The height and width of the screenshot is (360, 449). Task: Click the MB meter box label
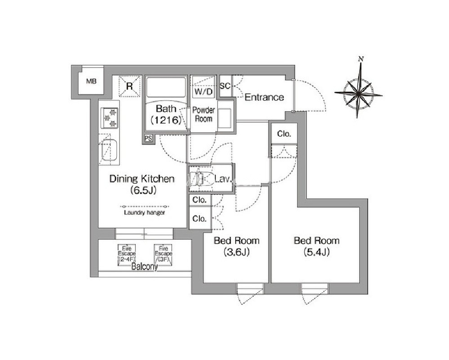(x=91, y=81)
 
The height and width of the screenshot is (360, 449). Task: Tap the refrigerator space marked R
(x=129, y=86)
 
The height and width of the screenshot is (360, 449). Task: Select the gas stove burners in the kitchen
(x=110, y=118)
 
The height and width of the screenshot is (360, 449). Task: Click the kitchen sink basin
(x=109, y=150)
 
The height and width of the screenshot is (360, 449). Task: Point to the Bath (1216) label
(x=166, y=114)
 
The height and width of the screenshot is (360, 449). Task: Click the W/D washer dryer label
(x=204, y=92)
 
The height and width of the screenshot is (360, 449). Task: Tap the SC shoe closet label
(x=225, y=86)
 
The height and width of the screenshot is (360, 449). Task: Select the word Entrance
(x=264, y=98)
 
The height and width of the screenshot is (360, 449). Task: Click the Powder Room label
(x=204, y=114)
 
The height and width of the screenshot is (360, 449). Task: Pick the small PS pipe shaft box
(x=148, y=138)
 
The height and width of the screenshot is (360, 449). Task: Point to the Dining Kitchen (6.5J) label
(x=142, y=184)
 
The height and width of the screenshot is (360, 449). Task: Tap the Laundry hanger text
(x=145, y=213)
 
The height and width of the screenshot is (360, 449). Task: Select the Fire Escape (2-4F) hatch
(x=127, y=254)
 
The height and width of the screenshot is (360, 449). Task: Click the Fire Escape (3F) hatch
(x=164, y=254)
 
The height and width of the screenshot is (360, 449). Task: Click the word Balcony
(x=145, y=267)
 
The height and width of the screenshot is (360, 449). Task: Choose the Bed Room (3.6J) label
(x=236, y=246)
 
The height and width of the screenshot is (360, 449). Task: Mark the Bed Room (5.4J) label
(x=317, y=246)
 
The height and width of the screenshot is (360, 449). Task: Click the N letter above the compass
(x=361, y=59)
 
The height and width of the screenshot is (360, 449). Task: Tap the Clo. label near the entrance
(x=284, y=134)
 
